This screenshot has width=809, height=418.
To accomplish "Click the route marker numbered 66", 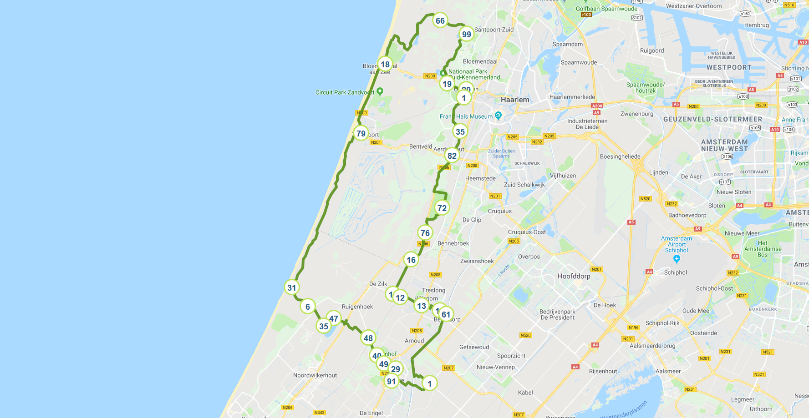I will [440, 20].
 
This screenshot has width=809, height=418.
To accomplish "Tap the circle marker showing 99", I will [466, 34].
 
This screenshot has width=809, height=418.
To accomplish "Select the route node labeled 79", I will [361, 133].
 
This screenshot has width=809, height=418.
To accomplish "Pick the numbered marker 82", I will [452, 156].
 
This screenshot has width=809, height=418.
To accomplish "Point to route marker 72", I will [442, 208].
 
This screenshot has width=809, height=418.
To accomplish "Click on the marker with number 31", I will [292, 287].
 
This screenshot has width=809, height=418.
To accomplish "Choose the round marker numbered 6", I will [308, 307].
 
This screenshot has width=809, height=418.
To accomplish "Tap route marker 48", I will [368, 338].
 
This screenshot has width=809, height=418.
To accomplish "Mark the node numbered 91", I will [392, 381].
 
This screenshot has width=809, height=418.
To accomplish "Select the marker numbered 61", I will [446, 314].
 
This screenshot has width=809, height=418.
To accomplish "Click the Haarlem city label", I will [515, 100].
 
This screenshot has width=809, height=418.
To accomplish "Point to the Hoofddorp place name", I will [574, 276].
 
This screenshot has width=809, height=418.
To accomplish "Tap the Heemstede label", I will [480, 178].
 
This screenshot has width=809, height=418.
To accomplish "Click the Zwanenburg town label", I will [636, 114].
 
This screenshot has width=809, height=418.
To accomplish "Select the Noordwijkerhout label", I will [315, 375].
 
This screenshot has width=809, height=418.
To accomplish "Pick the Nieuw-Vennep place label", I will [495, 367].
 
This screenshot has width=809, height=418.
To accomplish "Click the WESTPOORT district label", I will [729, 67].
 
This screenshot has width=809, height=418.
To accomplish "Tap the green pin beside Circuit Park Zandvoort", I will [380, 91].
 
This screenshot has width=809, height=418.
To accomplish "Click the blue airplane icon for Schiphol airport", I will [677, 259].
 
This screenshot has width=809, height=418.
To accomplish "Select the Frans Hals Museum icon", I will [498, 116].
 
